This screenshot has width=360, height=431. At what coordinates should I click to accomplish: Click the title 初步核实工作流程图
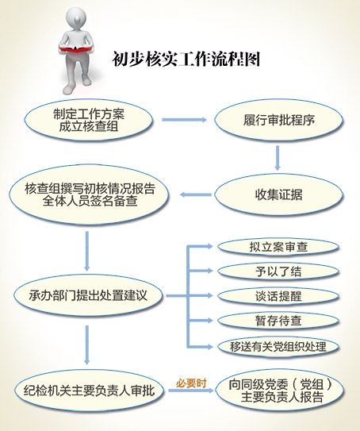click(x=186, y=59)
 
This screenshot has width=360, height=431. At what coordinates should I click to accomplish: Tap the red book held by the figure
click(x=75, y=49)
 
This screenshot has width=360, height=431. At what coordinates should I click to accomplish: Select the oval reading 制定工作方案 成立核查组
click(x=89, y=121)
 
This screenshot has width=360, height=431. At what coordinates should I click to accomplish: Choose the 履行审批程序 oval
click(x=278, y=121)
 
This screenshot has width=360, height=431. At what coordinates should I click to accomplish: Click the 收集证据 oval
click(x=278, y=194)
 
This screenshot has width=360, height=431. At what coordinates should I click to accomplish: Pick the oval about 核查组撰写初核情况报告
click(x=89, y=194)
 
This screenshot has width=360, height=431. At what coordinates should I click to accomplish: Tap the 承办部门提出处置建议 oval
click(x=88, y=295)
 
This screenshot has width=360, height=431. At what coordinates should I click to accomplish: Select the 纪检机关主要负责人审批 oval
click(x=90, y=391)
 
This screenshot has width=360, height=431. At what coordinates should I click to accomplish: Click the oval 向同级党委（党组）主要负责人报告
click(x=280, y=391)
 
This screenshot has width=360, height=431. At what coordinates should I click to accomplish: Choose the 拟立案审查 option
click(x=278, y=247)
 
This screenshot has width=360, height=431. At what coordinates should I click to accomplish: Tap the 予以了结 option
click(x=278, y=271)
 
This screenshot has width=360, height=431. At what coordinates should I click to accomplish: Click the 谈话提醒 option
click(x=278, y=296)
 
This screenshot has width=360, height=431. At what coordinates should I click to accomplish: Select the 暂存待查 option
click(x=278, y=321)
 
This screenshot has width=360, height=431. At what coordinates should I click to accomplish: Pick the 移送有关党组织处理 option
click(x=278, y=347)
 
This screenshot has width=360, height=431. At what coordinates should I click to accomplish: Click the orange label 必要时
click(x=191, y=383)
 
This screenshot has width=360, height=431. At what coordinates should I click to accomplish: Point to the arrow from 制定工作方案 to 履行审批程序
click(x=184, y=120)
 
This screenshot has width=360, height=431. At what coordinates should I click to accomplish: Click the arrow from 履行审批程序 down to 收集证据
click(x=278, y=158)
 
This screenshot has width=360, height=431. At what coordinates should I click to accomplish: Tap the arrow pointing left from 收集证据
click(x=196, y=194)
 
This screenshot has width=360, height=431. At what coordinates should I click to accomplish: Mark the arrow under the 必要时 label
click(x=191, y=391)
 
